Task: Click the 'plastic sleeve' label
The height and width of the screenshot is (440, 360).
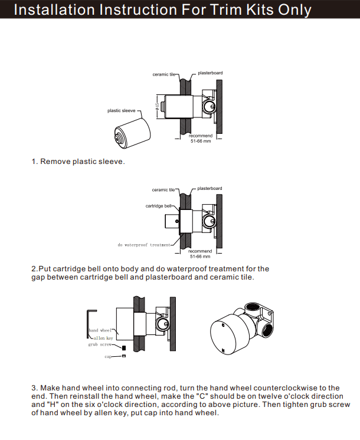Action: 121,110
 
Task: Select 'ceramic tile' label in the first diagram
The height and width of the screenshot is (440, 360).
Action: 164,74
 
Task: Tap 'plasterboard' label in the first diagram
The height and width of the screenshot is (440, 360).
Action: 210,73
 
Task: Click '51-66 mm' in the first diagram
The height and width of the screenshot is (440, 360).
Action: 201,142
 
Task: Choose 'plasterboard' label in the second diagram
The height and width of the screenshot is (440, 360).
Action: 210,188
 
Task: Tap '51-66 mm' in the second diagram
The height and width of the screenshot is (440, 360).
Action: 201,257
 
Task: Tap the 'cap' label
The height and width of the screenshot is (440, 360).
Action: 108,357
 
